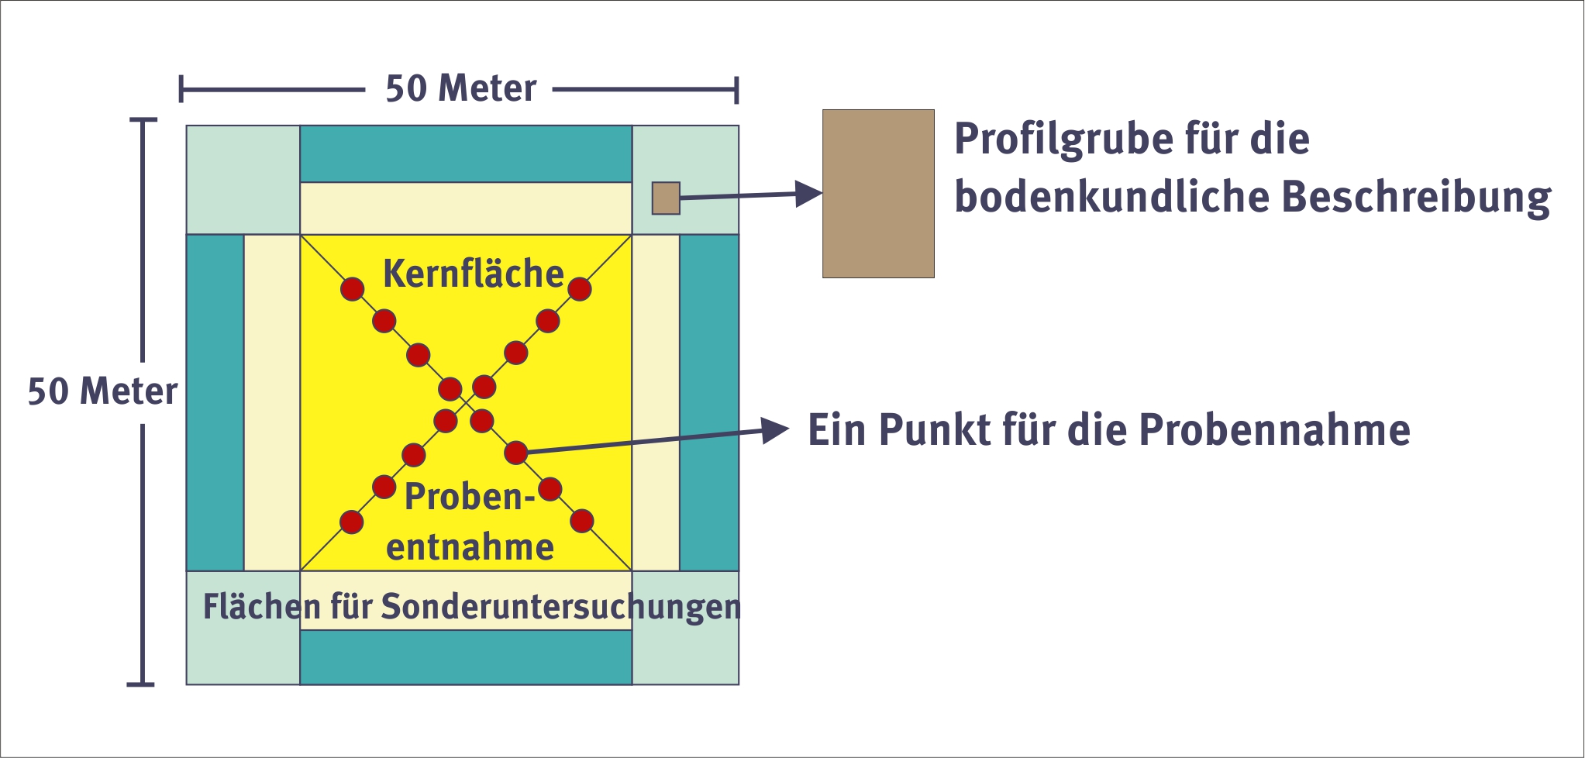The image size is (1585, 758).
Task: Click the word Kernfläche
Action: [x=473, y=274]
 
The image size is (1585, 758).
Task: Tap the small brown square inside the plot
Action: [x=666, y=198]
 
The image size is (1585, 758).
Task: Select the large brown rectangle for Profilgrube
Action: [x=878, y=194]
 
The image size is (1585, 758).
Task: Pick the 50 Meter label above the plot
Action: [x=460, y=89]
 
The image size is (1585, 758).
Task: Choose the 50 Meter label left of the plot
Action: [x=102, y=391]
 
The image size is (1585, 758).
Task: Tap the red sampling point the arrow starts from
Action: [x=515, y=453]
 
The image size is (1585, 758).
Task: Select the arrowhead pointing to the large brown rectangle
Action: [x=810, y=193]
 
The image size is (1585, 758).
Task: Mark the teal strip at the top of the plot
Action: [x=466, y=153]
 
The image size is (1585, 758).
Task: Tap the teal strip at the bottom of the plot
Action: [x=466, y=657]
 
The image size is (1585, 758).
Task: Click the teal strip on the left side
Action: [x=215, y=403]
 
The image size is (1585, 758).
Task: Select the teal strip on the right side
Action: [x=709, y=403]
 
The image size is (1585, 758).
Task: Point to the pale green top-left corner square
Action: [x=243, y=180]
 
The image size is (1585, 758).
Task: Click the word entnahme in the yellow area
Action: [x=470, y=548]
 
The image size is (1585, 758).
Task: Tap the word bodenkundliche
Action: [x=1110, y=198]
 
